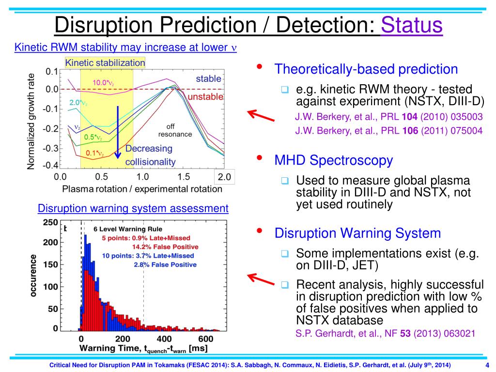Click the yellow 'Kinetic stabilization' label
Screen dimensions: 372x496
click(x=105, y=63)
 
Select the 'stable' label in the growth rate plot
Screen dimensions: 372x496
click(x=208, y=78)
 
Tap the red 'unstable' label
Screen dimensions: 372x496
click(x=205, y=97)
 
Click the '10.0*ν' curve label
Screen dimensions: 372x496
click(x=103, y=83)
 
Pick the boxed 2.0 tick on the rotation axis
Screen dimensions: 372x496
click(x=224, y=177)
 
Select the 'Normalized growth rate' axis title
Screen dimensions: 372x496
click(x=31, y=121)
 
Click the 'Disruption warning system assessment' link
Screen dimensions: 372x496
click(x=133, y=208)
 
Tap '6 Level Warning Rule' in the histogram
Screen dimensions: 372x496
click(x=128, y=229)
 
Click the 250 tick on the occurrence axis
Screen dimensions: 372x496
click(x=51, y=223)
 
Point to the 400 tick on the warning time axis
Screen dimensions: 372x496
click(x=164, y=339)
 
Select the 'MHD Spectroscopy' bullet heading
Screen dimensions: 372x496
click(x=334, y=160)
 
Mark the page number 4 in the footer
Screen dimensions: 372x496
click(x=487, y=365)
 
